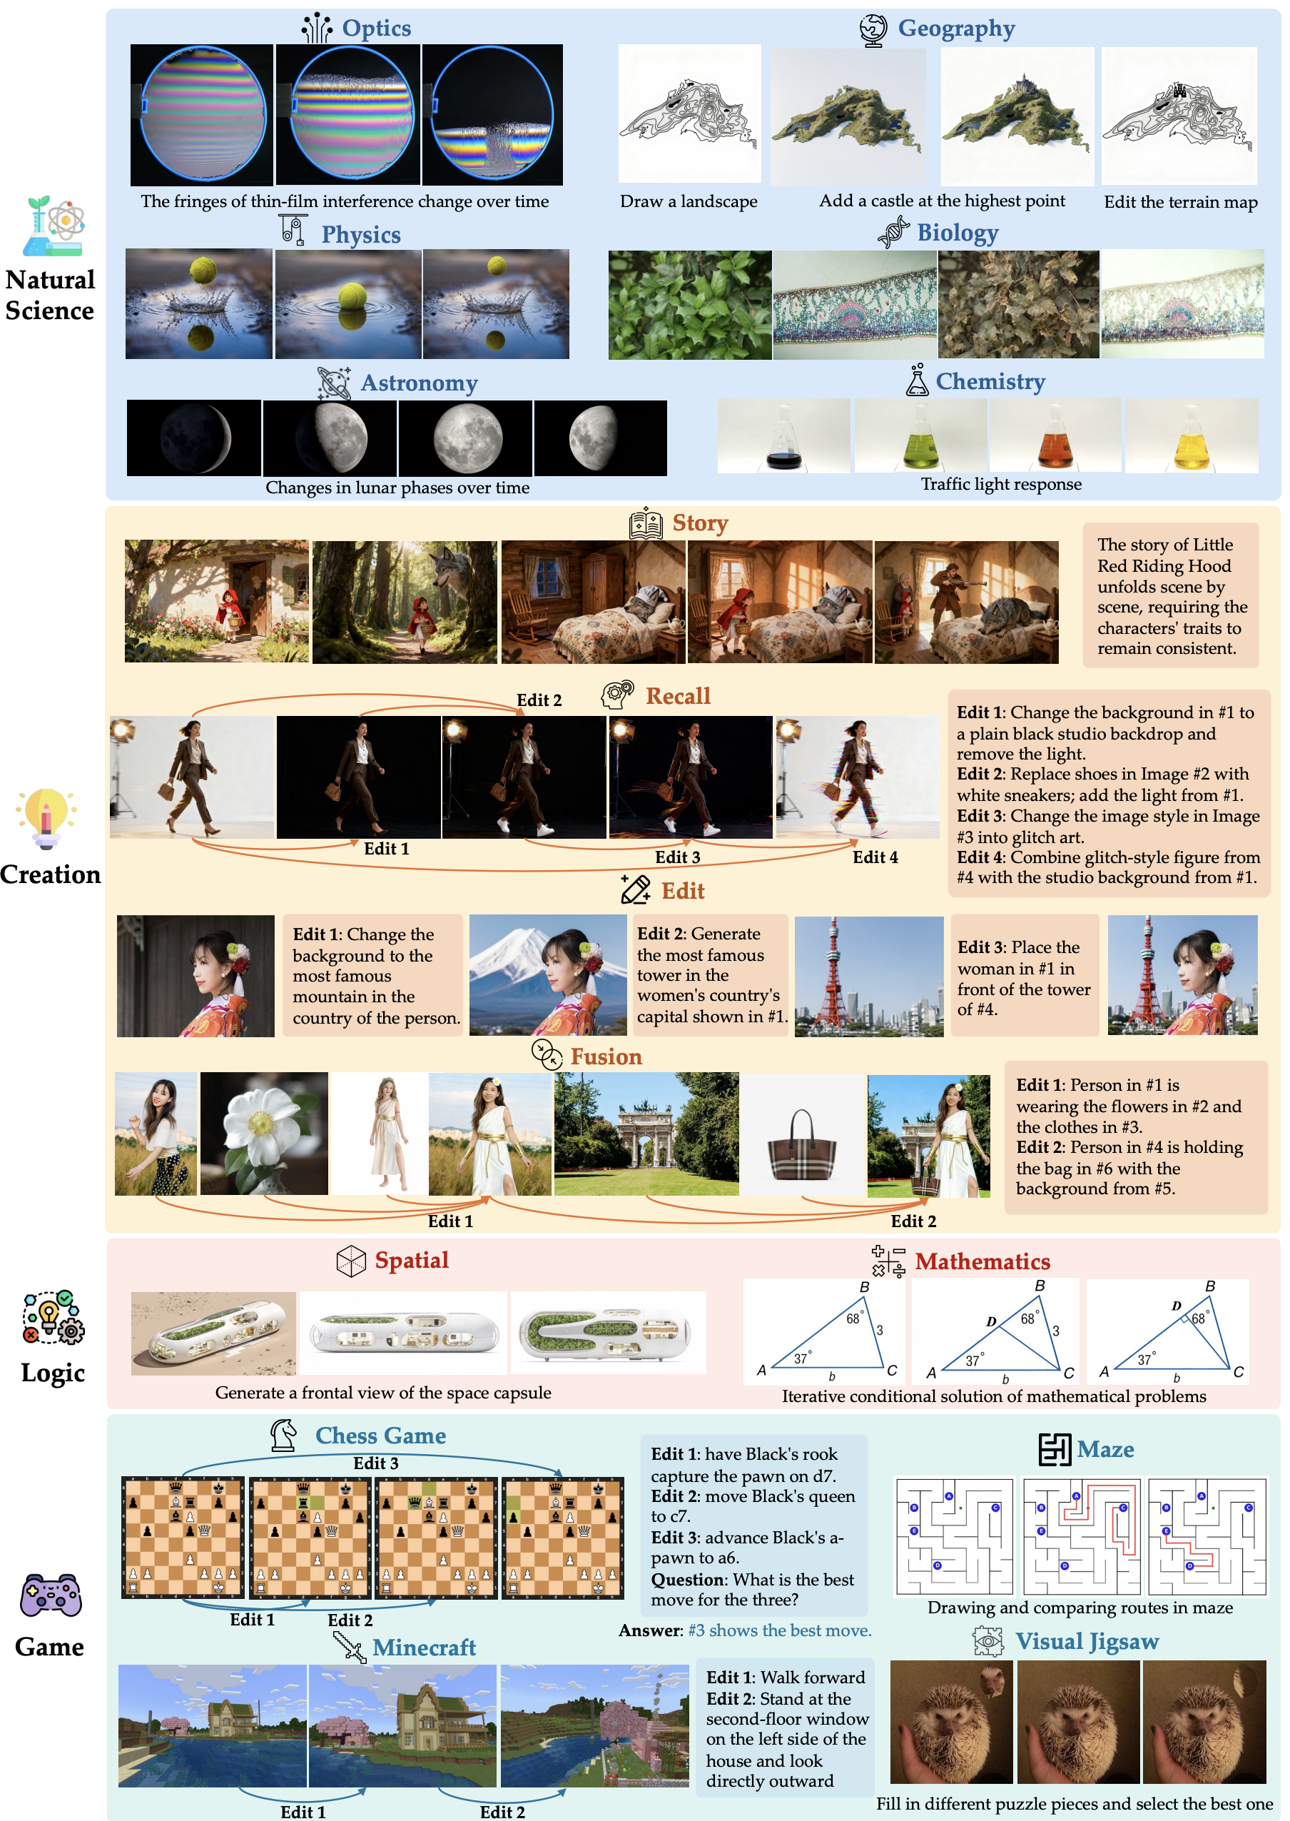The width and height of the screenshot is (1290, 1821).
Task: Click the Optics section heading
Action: coord(357,29)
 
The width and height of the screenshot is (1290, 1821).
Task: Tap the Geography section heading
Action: coord(938,29)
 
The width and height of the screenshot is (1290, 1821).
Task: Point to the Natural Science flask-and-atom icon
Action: coord(54,226)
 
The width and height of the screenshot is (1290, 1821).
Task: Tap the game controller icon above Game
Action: coord(50,1595)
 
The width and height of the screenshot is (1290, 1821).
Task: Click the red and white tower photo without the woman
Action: coord(869,977)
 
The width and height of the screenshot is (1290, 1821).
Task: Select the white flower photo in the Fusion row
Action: coord(264,1134)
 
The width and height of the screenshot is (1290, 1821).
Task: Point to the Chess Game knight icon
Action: coord(283,1435)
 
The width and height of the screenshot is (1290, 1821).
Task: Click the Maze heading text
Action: coord(1105,1449)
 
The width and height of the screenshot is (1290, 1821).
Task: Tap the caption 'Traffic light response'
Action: coord(1001,484)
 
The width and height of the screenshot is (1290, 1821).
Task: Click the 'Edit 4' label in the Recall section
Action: coord(875,857)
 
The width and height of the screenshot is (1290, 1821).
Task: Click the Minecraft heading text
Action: coord(425,1647)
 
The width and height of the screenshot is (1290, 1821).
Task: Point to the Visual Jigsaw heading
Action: coord(1087,1640)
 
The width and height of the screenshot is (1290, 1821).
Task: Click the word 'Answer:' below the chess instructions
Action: coord(651,1630)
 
